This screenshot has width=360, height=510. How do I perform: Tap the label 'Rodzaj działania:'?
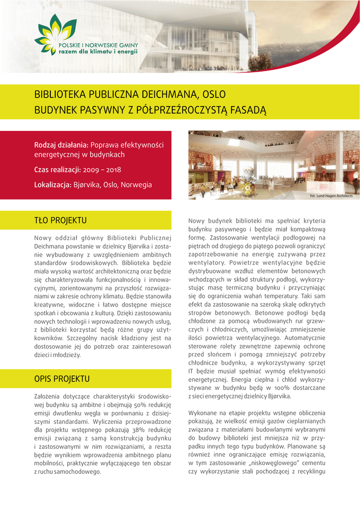pyautogui.click(x=61, y=145)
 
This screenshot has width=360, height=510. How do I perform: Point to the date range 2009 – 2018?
pyautogui.click(x=105, y=169)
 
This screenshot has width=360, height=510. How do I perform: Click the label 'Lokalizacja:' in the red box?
pyautogui.click(x=53, y=185)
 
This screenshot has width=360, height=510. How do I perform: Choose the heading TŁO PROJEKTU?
pyautogui.click(x=60, y=220)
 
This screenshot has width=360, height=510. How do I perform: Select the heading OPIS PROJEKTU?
pyautogui.click(x=62, y=379)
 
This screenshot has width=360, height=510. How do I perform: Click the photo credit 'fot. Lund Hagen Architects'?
pyautogui.click(x=331, y=196)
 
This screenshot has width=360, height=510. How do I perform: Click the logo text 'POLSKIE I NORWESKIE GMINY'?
pyautogui.click(x=99, y=45)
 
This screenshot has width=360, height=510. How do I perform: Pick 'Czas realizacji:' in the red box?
pyautogui.click(x=57, y=169)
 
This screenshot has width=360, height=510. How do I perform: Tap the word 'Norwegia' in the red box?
pyautogui.click(x=136, y=185)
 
